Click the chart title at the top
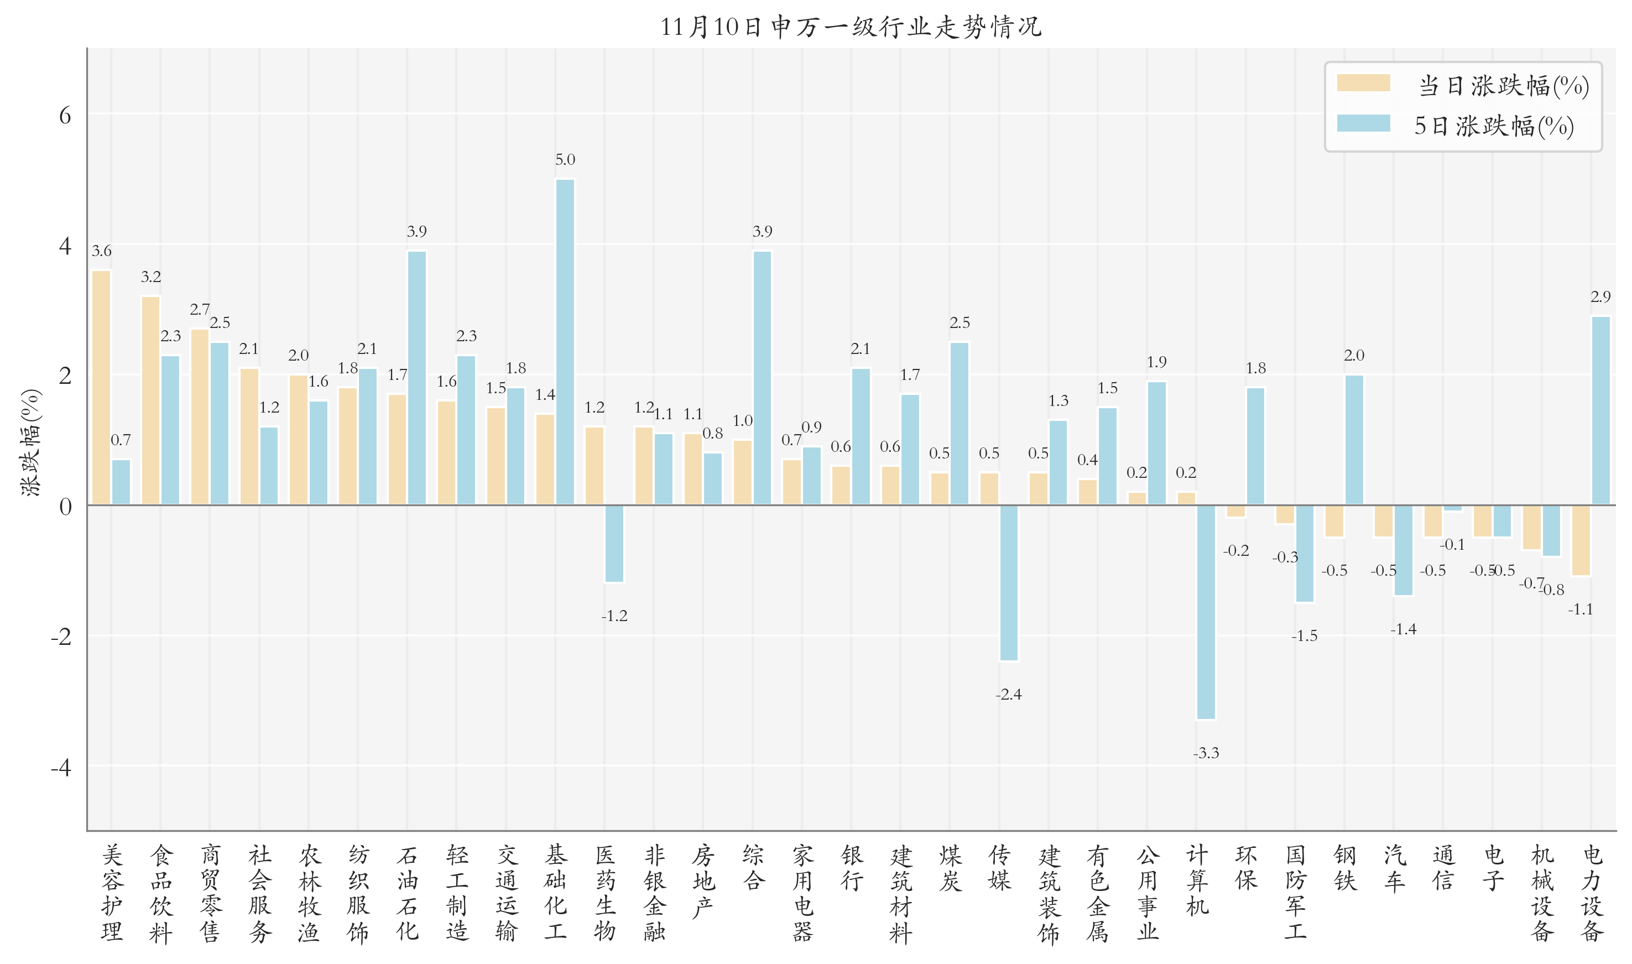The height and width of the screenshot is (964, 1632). coord(851,27)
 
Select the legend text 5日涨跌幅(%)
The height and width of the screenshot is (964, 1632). coord(1494,126)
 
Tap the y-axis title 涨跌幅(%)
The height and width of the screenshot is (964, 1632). coord(30,442)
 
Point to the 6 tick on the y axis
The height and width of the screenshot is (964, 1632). coord(65,116)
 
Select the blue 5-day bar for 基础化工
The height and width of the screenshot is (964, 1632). coord(565,342)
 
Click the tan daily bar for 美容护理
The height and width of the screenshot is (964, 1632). coord(101,387)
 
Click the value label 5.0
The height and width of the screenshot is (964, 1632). coord(565,160)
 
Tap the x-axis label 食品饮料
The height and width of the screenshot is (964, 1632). coord(160,893)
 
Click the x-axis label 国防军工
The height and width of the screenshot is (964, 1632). coord(1295,893)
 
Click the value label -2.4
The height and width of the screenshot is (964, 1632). coord(1009,695)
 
